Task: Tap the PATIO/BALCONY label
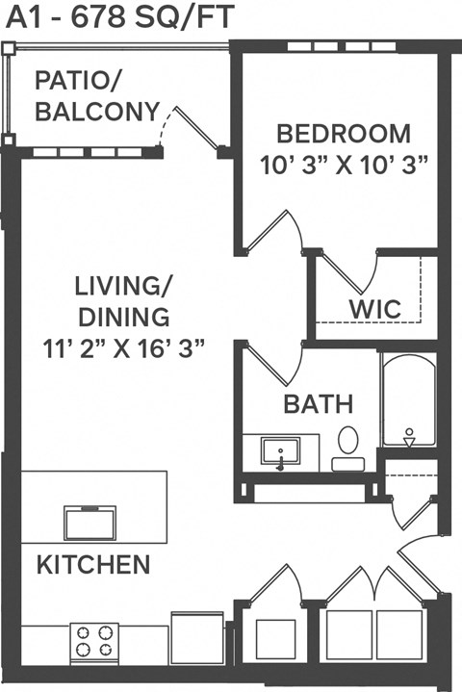[x=96, y=96]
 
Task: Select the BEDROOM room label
[x=343, y=133]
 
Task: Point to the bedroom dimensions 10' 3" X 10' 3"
[x=344, y=164]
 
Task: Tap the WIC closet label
[x=375, y=310]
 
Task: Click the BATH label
[x=318, y=404]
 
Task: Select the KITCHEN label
[x=93, y=564]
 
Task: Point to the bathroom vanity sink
[x=281, y=451]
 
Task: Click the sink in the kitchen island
[x=90, y=523]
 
